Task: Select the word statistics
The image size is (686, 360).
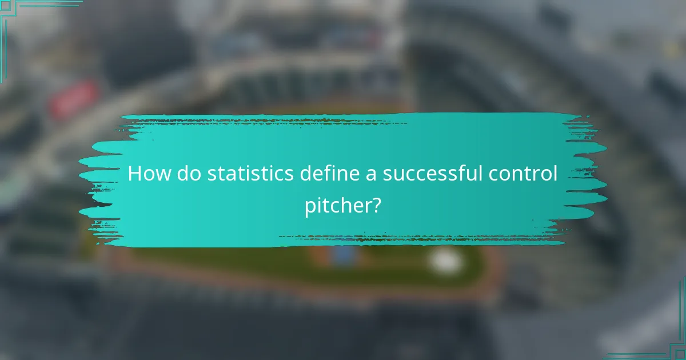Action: [251, 173]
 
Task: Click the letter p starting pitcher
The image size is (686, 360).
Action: [309, 207]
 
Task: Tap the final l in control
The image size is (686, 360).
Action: [555, 173]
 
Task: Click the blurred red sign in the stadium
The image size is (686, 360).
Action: [73, 98]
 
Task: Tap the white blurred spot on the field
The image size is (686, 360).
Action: [446, 261]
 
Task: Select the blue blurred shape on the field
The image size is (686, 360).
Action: [343, 254]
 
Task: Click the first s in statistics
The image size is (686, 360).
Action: [212, 174]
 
